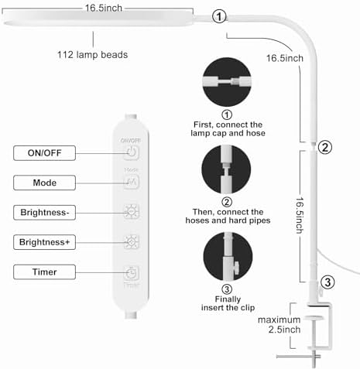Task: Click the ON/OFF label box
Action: [x=44, y=153]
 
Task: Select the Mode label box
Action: [x=44, y=183]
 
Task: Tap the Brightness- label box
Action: [x=44, y=213]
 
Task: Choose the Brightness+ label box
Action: [x=44, y=242]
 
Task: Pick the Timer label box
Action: [x=44, y=272]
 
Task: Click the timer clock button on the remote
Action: [x=132, y=273]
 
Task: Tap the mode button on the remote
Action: [x=132, y=182]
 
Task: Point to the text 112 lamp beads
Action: [x=92, y=55]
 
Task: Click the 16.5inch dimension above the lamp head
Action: [x=104, y=8]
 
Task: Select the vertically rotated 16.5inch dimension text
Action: [x=300, y=215]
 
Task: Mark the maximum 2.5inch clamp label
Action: [x=279, y=324]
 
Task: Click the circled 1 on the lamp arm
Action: [x=219, y=16]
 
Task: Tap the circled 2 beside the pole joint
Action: [x=325, y=147]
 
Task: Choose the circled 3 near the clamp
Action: [x=327, y=282]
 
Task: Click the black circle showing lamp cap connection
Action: [x=227, y=82]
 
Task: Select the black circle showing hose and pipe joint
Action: [x=226, y=169]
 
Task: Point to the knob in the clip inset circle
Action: [x=236, y=265]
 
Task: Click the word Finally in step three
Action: [x=228, y=299]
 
